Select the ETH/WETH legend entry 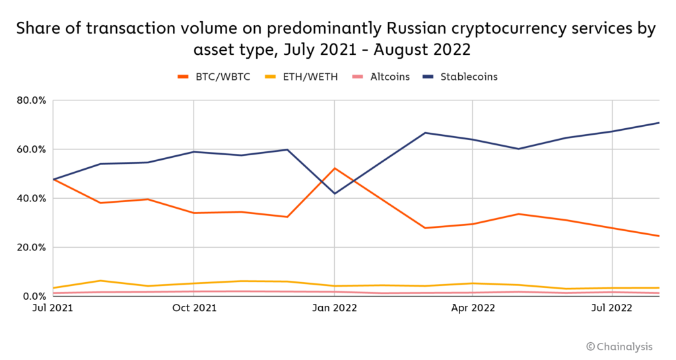tap(310, 77)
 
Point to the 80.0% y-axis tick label tap(30, 100)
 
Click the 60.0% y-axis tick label tap(30, 149)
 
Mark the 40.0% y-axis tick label tap(30, 198)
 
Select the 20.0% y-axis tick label tap(30, 247)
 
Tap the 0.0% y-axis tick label tap(33, 296)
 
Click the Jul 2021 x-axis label tap(53, 308)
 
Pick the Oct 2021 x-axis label tap(193, 308)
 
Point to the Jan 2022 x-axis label tap(335, 308)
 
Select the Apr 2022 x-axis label tap(473, 308)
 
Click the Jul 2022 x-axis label tap(613, 308)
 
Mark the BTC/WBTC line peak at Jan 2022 tap(335, 168)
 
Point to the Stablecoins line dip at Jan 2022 tap(335, 194)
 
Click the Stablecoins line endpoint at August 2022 tap(659, 123)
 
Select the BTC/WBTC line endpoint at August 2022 tap(659, 236)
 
